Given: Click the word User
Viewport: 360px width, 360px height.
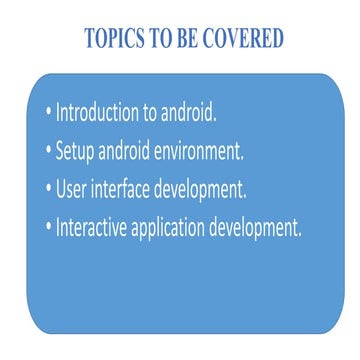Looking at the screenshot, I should [74, 189].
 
